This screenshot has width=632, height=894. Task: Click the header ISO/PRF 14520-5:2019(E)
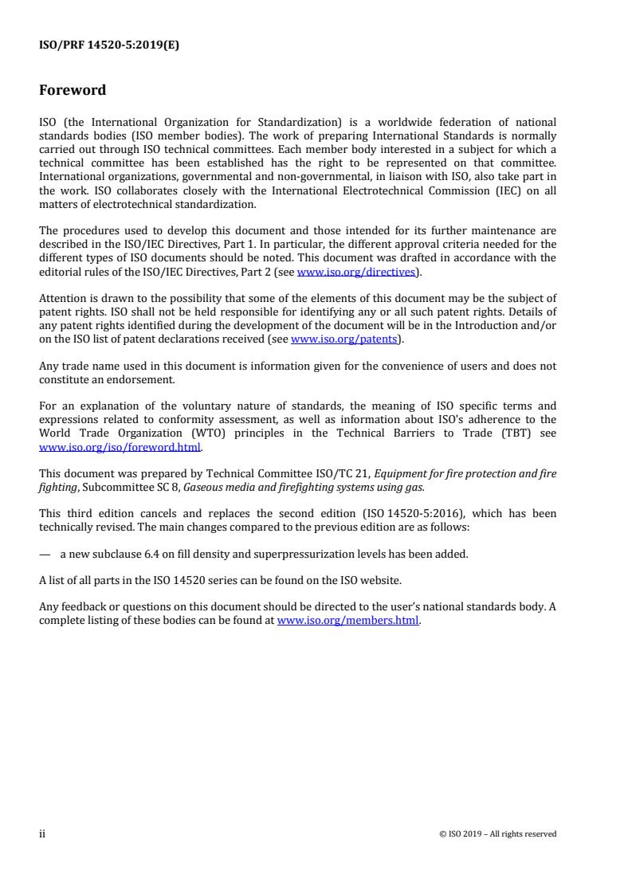pos(109,45)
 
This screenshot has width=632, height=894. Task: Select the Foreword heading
pos(73,90)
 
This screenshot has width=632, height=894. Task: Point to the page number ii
pos(42,833)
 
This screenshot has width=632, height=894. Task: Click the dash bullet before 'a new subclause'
pos(45,552)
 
